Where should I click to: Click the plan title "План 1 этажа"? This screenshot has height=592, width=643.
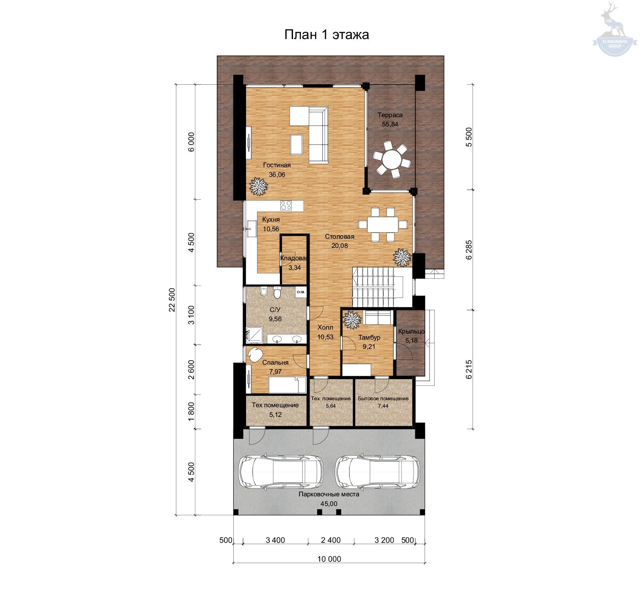326,34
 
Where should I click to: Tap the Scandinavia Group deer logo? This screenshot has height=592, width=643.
614,29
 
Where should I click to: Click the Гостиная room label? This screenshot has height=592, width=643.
277,165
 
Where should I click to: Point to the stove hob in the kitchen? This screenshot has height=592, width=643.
286,205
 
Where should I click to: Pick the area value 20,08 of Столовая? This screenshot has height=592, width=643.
339,246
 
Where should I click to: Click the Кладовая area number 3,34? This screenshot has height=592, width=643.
294,268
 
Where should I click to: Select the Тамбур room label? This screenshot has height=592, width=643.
369,337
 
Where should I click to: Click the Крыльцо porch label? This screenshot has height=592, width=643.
411,331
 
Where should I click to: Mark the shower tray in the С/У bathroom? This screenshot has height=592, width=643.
254,335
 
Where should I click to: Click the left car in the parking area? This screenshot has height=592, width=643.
281,472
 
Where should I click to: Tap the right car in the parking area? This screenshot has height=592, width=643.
377,472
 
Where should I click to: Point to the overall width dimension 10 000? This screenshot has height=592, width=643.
329,559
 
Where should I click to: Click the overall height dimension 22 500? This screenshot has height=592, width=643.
172,300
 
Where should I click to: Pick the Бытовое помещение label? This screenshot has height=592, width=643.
383,398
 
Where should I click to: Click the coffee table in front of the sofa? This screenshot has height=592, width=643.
296,145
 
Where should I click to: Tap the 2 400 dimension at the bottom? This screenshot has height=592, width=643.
331,540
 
